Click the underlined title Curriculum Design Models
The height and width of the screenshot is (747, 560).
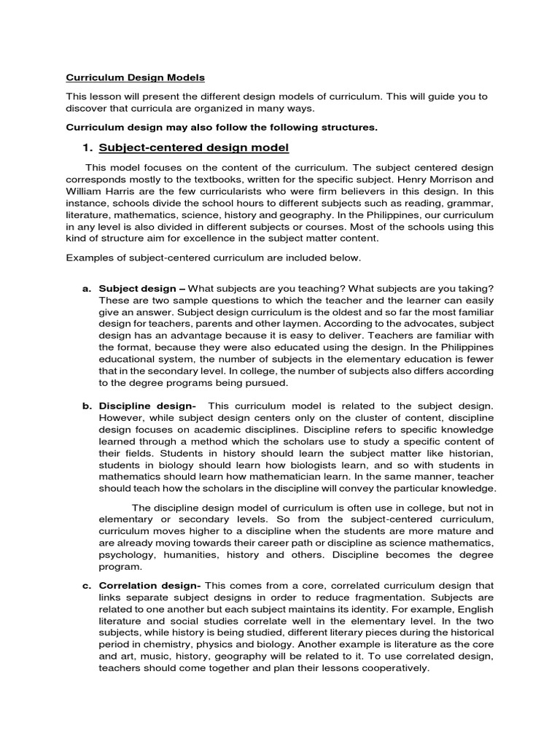[136, 77]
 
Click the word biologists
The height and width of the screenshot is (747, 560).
[277, 465]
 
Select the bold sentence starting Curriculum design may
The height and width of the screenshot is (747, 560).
[222, 128]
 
